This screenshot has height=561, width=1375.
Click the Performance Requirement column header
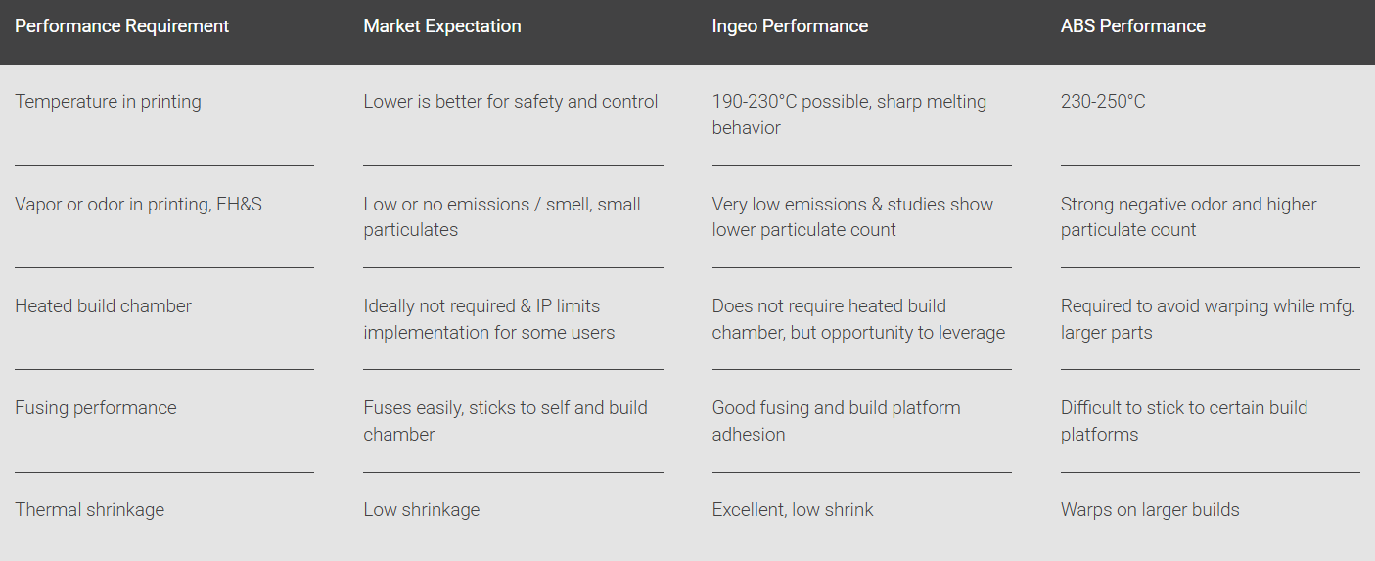[x=121, y=26]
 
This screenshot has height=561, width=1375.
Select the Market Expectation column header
[x=442, y=26]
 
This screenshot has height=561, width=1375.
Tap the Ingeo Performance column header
[x=790, y=26]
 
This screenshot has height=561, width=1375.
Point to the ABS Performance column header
[x=1133, y=26]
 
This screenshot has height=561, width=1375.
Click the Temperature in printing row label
[x=108, y=101]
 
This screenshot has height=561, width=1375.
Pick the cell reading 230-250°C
[x=1103, y=101]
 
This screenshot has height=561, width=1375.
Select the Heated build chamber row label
[x=103, y=305]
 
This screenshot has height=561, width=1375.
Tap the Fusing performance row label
[x=96, y=408]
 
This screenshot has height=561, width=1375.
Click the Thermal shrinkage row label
[x=90, y=510]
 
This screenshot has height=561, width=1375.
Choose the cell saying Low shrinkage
[x=422, y=510]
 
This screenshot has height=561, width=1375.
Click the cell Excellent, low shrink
[x=793, y=510]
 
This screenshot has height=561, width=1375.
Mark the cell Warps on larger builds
[x=1150, y=510]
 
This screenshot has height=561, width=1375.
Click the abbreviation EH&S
[x=240, y=204]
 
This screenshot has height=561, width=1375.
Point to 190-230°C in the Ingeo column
[x=755, y=101]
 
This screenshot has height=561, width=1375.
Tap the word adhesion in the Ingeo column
[x=749, y=434]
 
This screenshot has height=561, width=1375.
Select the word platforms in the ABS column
[x=1099, y=435]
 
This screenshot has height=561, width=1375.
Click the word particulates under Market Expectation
[x=411, y=230]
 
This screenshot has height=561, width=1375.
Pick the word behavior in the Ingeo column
[x=747, y=127]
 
